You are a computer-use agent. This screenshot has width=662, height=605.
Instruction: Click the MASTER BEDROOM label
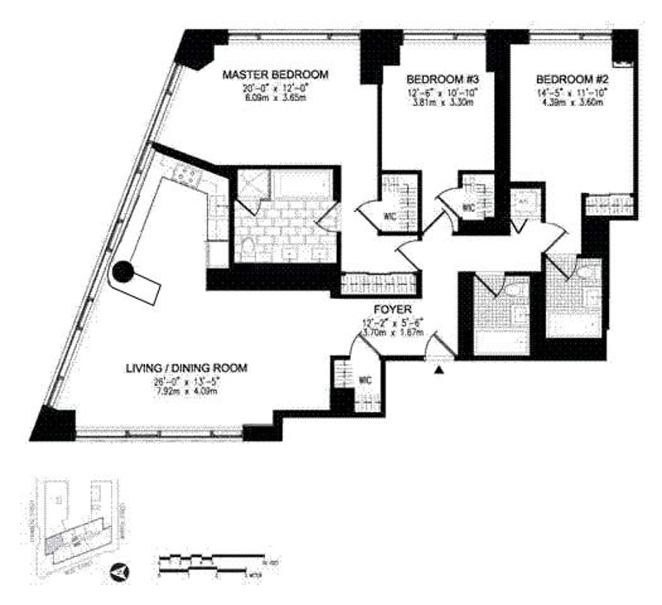tap(276, 74)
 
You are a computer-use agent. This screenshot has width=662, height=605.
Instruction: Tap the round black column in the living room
tap(122, 271)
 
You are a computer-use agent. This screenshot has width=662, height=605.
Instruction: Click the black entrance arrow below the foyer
tap(439, 372)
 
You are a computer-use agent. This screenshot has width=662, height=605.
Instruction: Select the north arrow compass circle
tap(120, 570)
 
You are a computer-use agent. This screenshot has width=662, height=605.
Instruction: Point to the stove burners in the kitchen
tap(184, 174)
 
